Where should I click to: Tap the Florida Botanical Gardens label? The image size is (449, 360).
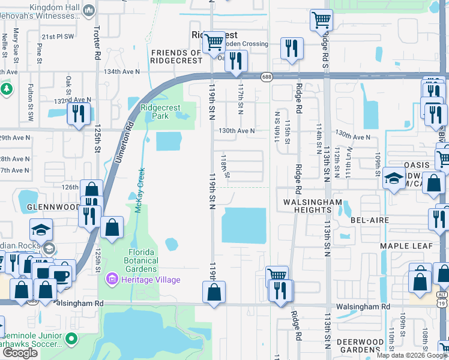(x=134, y=261)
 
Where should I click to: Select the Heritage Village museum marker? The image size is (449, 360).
(x=110, y=279)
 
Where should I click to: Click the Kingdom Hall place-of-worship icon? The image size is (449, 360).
(x=89, y=10)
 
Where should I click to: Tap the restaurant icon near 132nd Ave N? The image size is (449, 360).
(x=79, y=113)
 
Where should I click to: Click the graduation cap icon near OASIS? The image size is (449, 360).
(x=394, y=178)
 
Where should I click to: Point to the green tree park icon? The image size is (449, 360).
(x=6, y=89)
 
